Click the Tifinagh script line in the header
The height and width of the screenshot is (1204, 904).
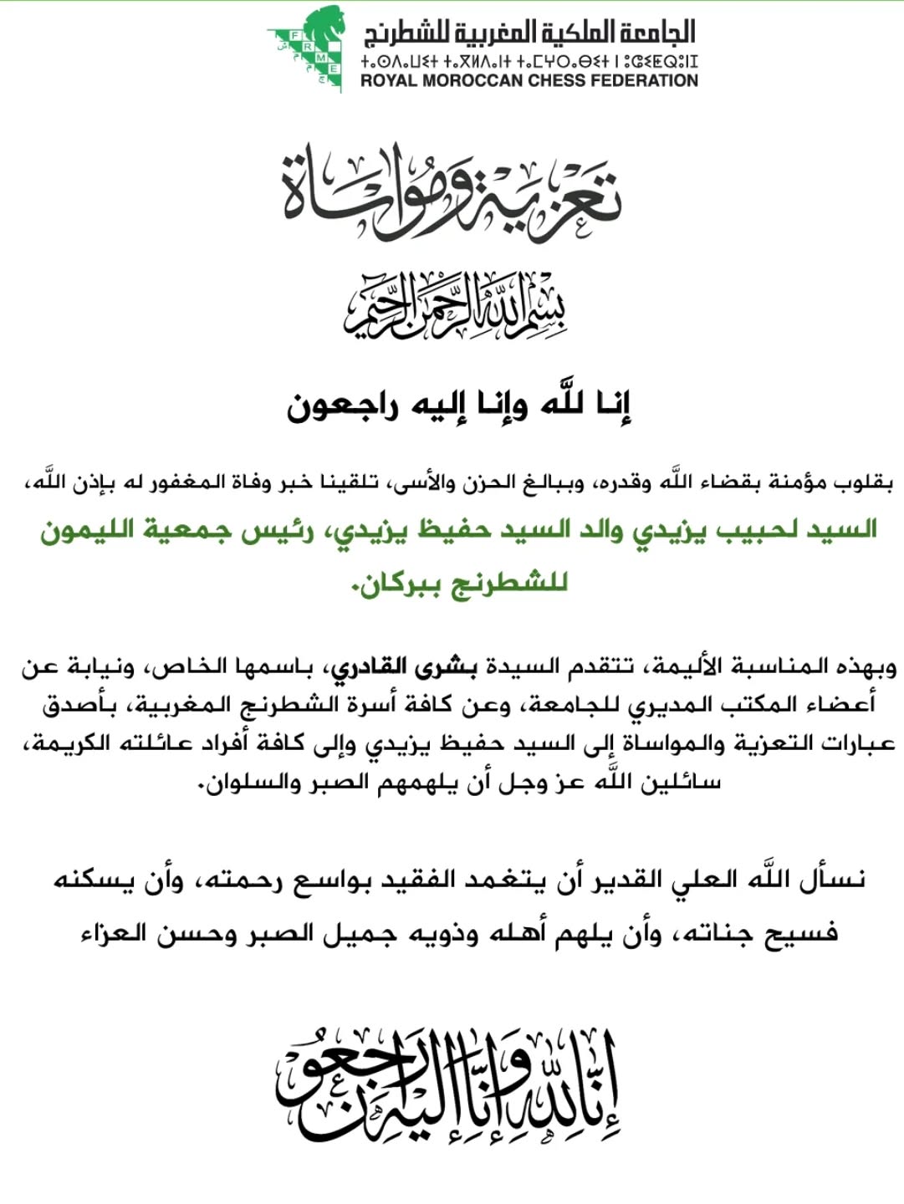(x=529, y=61)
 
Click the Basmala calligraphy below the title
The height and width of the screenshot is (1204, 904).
(x=454, y=305)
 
